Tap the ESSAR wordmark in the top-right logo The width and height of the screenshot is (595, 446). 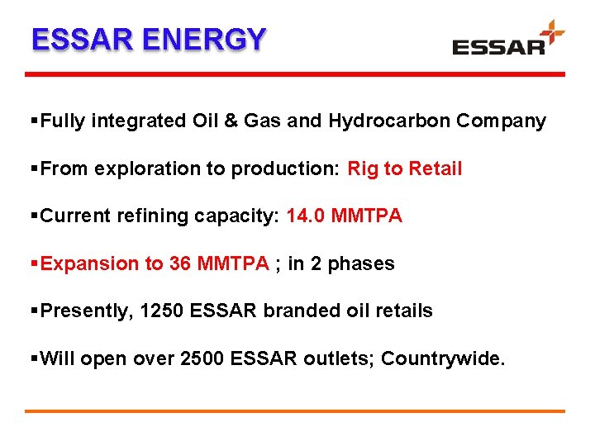point(498,46)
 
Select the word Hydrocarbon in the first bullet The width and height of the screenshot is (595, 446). point(378,121)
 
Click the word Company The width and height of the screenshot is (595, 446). point(502,121)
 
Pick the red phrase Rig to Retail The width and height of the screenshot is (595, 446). point(404,169)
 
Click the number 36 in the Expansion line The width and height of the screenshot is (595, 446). point(179,264)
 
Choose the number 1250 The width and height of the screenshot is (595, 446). point(162,311)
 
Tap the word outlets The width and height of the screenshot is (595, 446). point(338,358)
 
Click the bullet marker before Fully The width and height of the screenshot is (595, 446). point(33,121)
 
